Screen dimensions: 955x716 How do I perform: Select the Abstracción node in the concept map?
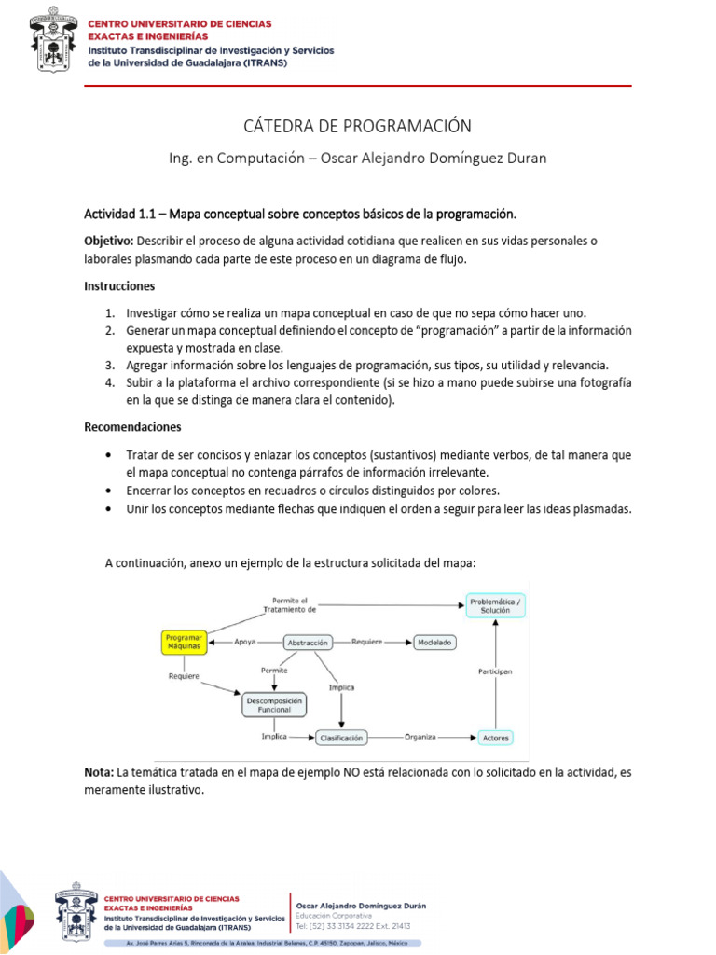pyautogui.click(x=307, y=643)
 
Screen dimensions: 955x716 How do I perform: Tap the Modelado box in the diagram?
pyautogui.click(x=434, y=643)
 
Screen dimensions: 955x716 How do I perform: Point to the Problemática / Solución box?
pyautogui.click(x=495, y=604)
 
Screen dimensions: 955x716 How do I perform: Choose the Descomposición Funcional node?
pyautogui.click(x=274, y=704)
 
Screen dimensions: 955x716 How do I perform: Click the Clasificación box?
pyautogui.click(x=341, y=737)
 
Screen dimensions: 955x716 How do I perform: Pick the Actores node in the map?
pyautogui.click(x=496, y=738)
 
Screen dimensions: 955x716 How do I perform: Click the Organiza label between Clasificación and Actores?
pyautogui.click(x=420, y=736)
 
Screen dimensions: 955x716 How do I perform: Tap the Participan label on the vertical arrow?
pyautogui.click(x=495, y=671)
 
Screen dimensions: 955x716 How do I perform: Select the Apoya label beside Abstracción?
pyautogui.click(x=246, y=642)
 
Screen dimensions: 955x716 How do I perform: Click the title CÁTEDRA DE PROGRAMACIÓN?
pyautogui.click(x=358, y=126)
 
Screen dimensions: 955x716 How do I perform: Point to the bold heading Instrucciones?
pyautogui.click(x=120, y=285)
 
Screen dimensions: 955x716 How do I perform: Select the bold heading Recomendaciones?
pyautogui.click(x=133, y=426)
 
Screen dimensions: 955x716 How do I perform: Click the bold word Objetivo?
pyautogui.click(x=109, y=241)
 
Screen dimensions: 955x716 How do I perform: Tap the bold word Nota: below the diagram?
pyautogui.click(x=99, y=772)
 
